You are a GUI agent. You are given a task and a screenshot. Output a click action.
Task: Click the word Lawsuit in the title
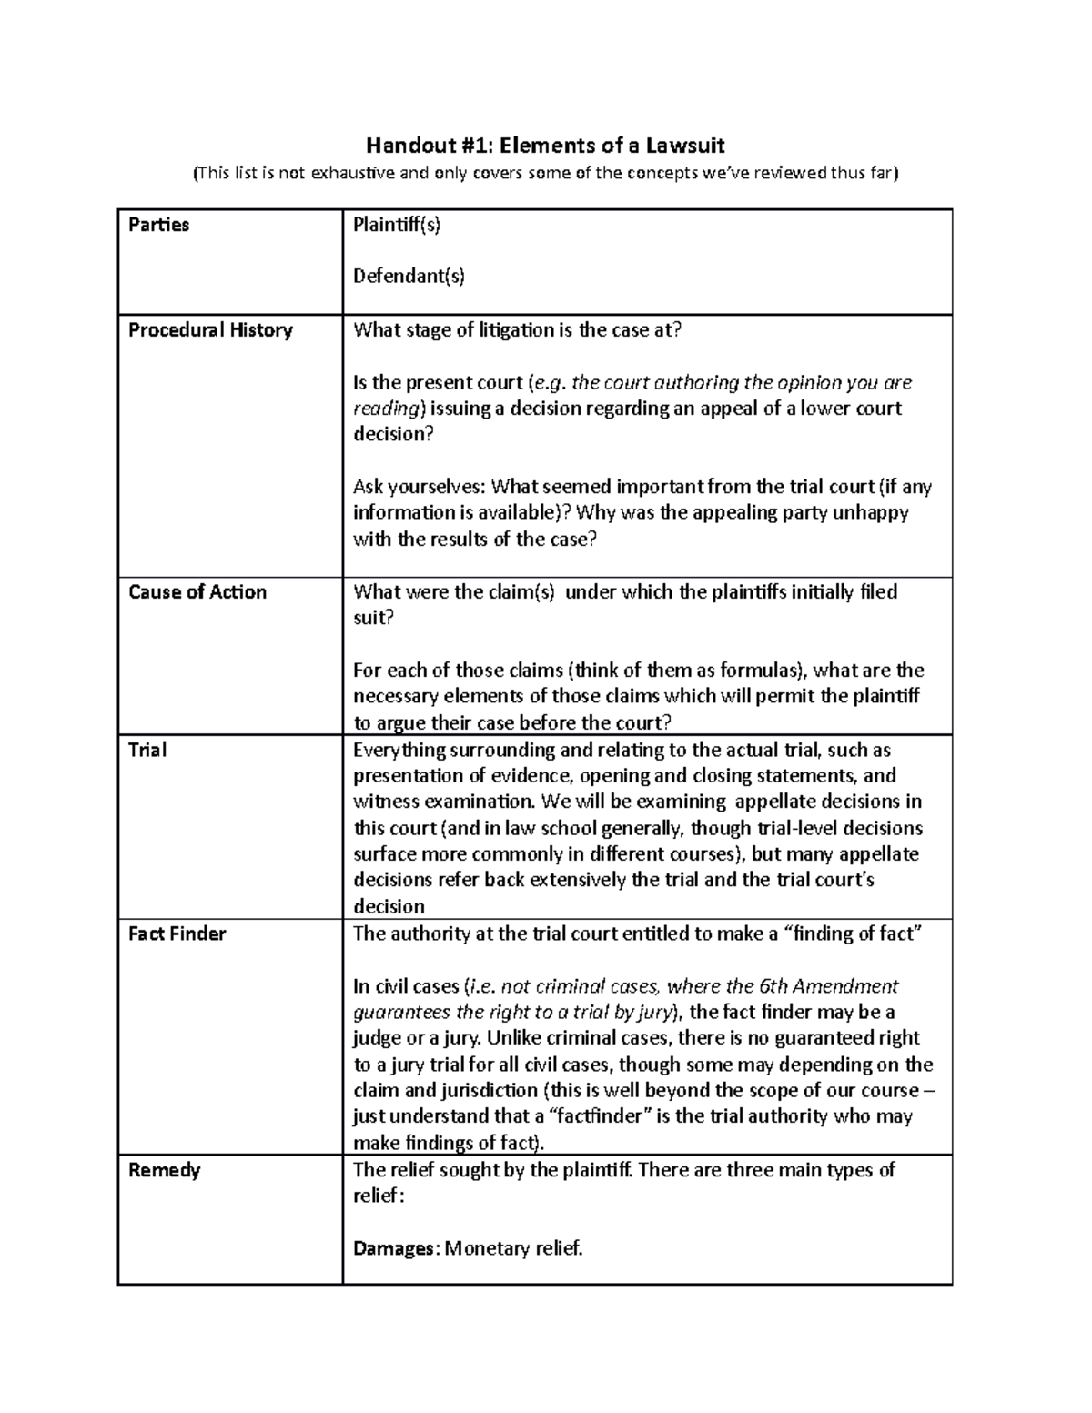tap(684, 146)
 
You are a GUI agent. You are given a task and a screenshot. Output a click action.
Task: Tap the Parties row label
tap(159, 226)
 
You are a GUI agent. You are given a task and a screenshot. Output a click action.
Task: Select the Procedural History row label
tap(210, 330)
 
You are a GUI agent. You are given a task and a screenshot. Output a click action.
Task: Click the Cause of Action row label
tap(197, 592)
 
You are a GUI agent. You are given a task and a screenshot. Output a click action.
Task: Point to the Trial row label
tap(147, 751)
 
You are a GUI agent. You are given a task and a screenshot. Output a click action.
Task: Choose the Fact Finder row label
tap(177, 934)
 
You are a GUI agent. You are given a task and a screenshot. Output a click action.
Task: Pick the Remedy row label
tap(164, 1170)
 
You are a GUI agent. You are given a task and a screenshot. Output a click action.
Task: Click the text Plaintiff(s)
tap(396, 226)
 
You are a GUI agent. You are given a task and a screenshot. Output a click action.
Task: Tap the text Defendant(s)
tap(409, 277)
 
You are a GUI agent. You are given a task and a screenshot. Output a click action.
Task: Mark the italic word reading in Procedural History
tap(386, 409)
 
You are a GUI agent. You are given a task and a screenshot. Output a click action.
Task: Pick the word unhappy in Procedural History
tap(868, 513)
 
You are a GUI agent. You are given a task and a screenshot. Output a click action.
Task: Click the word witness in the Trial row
tap(384, 802)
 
